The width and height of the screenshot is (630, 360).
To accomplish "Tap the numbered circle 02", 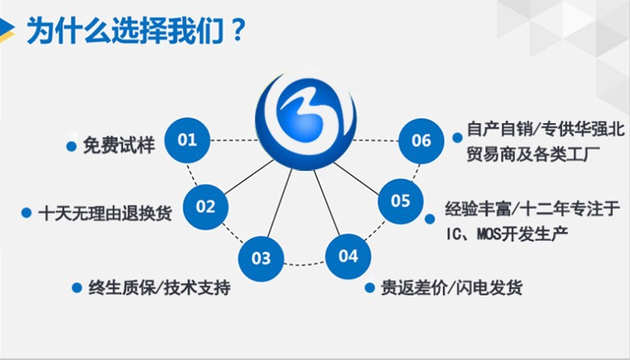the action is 206,207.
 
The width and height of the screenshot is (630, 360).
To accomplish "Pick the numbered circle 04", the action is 348,256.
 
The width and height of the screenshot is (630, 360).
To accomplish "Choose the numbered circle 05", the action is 401,201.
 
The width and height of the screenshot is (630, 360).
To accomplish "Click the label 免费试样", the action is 120,145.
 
